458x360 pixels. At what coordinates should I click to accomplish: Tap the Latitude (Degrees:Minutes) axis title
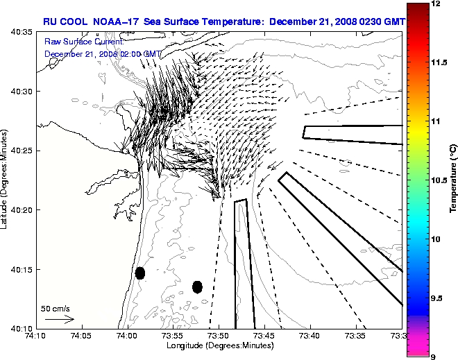(6, 180)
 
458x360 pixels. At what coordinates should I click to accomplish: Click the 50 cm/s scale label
(56, 309)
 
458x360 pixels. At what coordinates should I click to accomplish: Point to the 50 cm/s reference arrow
(59, 319)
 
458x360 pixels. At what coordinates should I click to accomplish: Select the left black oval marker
(140, 273)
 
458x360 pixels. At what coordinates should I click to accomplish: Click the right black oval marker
(197, 286)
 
